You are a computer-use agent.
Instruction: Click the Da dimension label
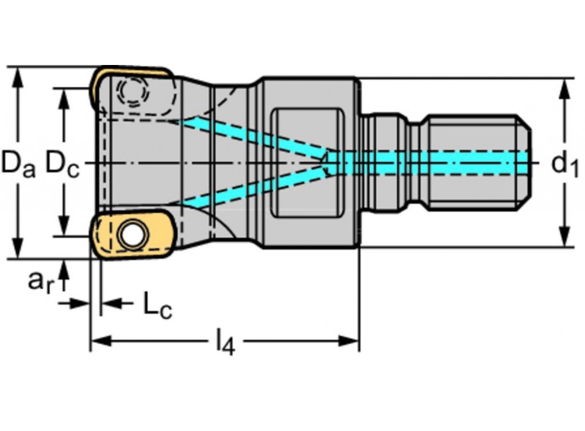click(18, 163)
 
